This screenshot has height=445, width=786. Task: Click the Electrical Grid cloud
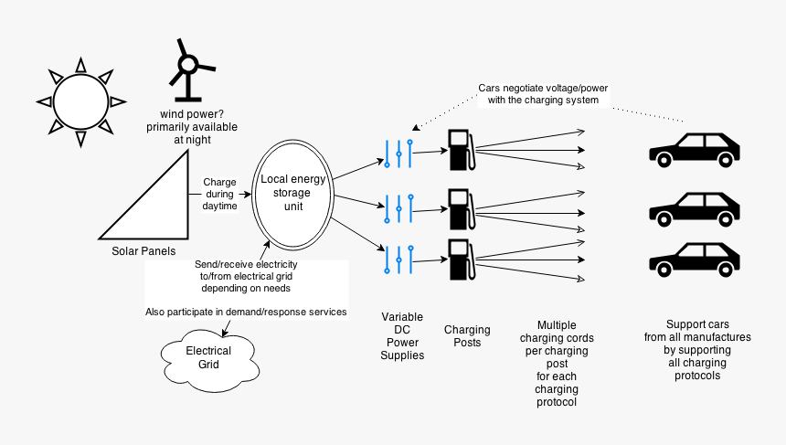(x=208, y=357)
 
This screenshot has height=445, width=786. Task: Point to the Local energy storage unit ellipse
(x=292, y=193)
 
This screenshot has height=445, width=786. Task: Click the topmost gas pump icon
(x=460, y=150)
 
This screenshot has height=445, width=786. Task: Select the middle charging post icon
(x=460, y=209)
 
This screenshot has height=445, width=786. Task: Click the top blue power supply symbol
(x=399, y=153)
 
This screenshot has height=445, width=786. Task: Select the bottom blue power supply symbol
(x=399, y=259)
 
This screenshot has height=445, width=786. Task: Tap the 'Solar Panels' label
(x=143, y=251)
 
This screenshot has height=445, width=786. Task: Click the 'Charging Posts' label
(x=467, y=336)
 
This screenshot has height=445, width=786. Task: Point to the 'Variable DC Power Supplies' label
(x=402, y=336)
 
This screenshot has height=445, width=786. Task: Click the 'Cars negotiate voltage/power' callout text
(x=543, y=94)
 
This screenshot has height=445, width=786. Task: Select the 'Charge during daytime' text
(x=219, y=194)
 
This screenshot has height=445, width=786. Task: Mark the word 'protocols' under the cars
(x=696, y=376)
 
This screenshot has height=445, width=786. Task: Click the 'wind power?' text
(x=192, y=113)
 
